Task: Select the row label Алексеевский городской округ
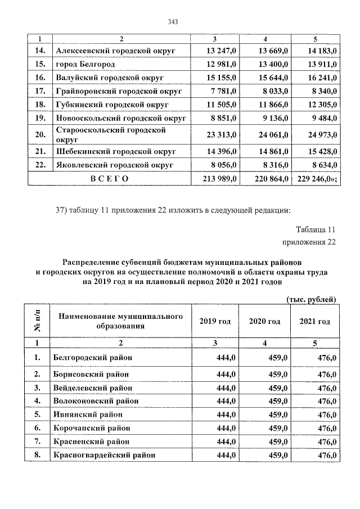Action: (x=115, y=51)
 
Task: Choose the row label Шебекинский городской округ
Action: (x=116, y=151)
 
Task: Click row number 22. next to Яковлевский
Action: (x=39, y=165)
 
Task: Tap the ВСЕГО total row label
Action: (x=110, y=178)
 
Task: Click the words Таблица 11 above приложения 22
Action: (x=315, y=229)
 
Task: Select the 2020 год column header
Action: (x=264, y=321)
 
